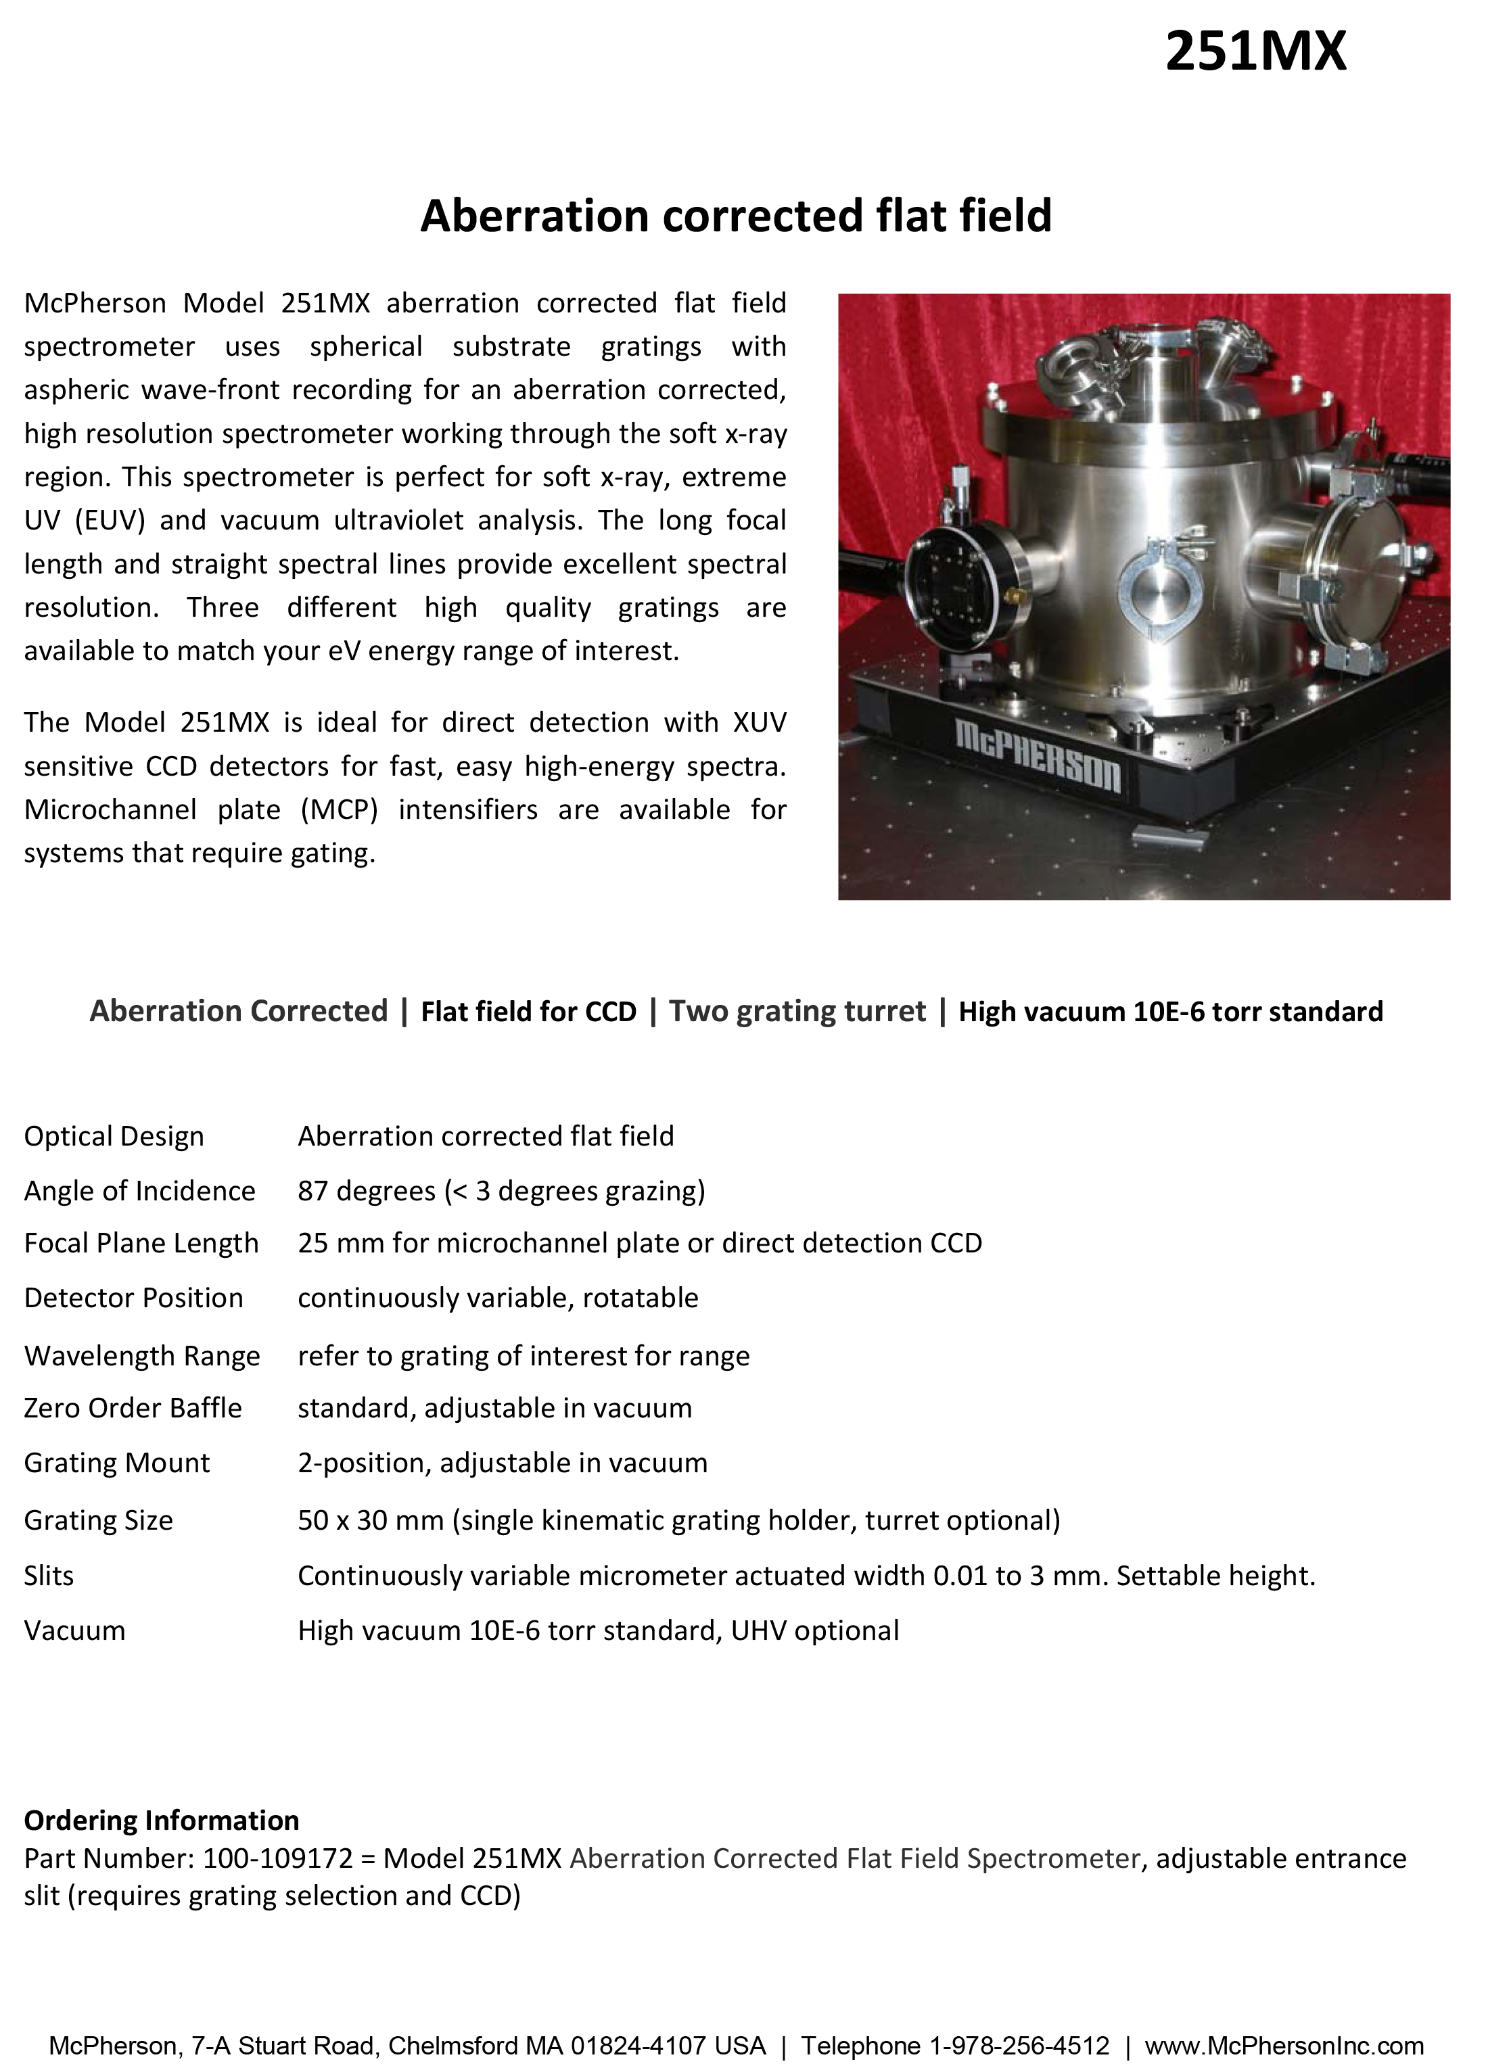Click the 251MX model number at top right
tap(1255, 51)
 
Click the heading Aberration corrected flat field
tap(735, 216)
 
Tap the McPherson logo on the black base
tap(1037, 755)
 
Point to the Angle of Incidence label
tap(139, 1191)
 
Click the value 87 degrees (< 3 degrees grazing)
tap(501, 1191)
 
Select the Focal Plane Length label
tap(141, 1243)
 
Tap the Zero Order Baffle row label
tap(133, 1408)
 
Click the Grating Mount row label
tap(117, 1463)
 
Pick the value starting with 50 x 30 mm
tap(678, 1520)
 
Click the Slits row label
tap(49, 1576)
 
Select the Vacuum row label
tap(75, 1630)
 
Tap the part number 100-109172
tap(277, 1858)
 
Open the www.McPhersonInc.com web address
tap(1284, 2046)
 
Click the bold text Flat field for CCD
tap(528, 1012)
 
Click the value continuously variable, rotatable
tap(497, 1298)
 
